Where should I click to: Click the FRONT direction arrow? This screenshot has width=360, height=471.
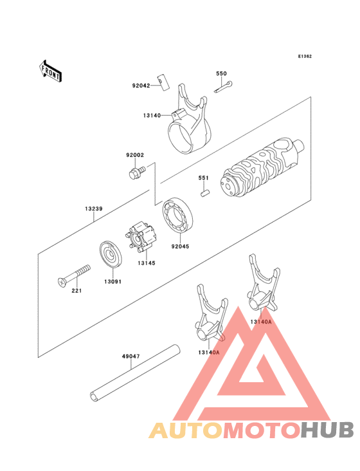tap(51, 71)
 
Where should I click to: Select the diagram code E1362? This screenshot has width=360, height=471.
tap(305, 57)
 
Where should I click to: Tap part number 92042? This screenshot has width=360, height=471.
tap(141, 85)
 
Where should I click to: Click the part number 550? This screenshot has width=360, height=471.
tap(221, 74)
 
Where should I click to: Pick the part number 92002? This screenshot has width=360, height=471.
tap(135, 155)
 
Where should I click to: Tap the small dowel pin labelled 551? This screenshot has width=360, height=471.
tap(204, 190)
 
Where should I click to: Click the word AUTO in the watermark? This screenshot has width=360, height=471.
tap(186, 430)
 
